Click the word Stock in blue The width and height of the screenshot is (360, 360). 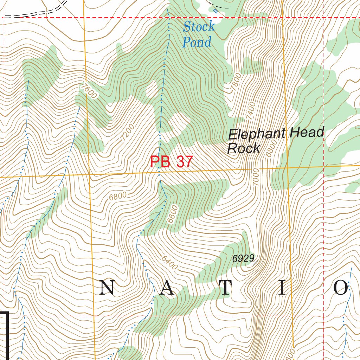point(199,26)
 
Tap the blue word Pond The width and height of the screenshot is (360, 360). point(197,42)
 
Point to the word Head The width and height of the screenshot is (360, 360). point(306,133)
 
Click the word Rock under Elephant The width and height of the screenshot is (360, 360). point(243,149)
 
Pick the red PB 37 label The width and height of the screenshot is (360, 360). point(172,162)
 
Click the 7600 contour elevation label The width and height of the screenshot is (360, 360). point(88,91)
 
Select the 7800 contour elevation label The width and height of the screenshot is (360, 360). point(237,83)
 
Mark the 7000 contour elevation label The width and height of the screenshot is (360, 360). point(256,178)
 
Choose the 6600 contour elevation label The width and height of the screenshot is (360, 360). point(173,214)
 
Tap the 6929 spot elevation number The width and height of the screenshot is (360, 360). point(243,259)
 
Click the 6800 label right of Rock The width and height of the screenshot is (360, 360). point(270,149)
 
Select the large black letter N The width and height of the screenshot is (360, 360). point(107,288)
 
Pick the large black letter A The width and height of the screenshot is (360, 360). point(167,288)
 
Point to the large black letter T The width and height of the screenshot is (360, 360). point(225,288)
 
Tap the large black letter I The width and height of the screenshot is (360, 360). point(282,288)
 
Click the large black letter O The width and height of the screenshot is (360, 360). point(340,288)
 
